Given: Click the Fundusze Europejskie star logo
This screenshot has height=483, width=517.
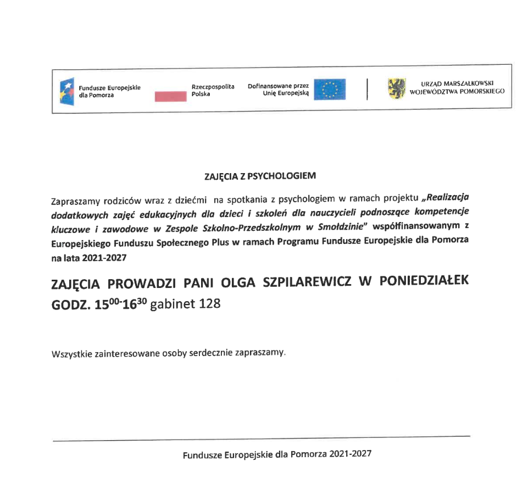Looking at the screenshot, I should pos(66,90).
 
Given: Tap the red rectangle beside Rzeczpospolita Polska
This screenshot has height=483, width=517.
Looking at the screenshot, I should pos(171,97).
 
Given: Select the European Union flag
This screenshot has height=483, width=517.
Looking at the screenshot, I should pos(330,89).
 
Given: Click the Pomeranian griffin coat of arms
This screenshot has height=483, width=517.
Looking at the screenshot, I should pos(396,88).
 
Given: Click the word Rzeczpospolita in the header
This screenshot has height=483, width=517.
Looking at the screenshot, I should pos(213,87).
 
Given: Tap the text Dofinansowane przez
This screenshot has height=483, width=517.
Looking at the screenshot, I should pos(278,86).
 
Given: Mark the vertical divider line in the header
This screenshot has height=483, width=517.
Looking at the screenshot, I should pos(367,90).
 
